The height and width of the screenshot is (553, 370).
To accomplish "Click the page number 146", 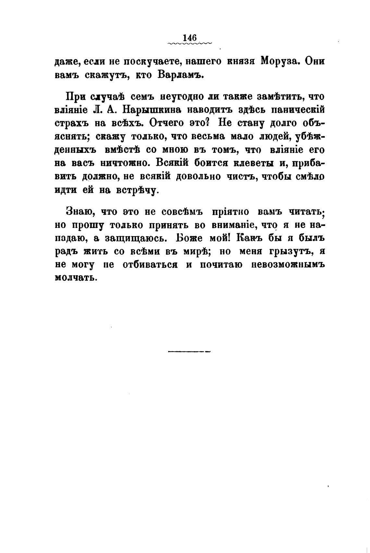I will (190, 38).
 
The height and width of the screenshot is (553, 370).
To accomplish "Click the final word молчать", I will (76, 278).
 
